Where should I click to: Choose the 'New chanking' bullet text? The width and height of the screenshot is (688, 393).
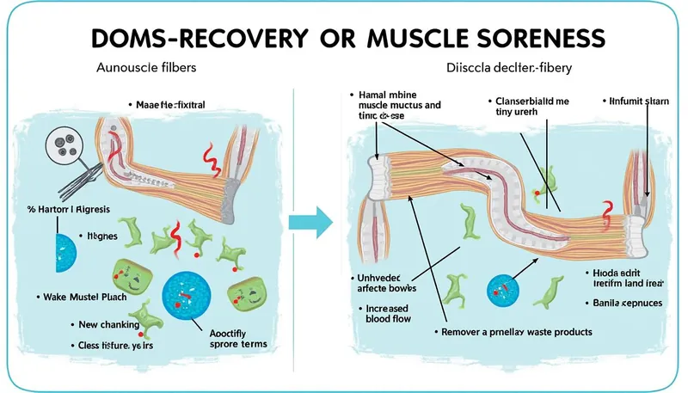click(x=108, y=325)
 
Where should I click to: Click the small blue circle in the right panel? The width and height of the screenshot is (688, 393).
click(x=502, y=287)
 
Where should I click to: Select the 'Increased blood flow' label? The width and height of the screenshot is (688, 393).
click(x=388, y=311)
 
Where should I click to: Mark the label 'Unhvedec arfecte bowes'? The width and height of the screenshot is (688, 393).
click(x=390, y=284)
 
